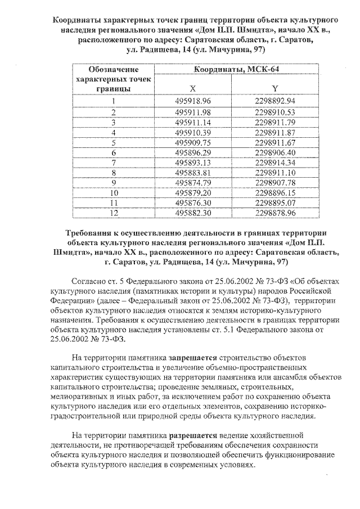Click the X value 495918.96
coord(193,101)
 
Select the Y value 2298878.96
coord(274,213)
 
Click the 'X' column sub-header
coord(193,88)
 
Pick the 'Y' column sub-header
coord(274,88)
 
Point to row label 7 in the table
coord(114,163)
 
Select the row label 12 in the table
coord(114,213)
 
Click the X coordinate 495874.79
coord(193,183)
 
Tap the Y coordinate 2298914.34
coord(274,163)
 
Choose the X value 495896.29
coord(193,152)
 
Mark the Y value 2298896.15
coord(274,193)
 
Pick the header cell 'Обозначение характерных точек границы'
coord(114,79)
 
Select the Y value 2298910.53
coord(274,112)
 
